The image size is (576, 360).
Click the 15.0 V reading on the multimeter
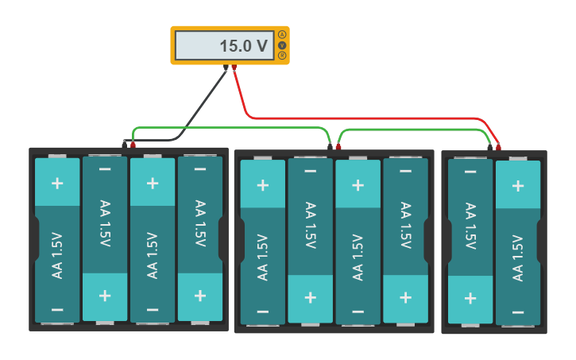(x=244, y=46)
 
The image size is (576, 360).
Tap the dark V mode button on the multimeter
(x=282, y=45)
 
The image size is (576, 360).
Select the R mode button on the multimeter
(x=282, y=56)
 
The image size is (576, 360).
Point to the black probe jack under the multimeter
(x=226, y=68)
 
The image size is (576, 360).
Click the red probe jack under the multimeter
(x=234, y=68)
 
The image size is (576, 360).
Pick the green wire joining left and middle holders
(x=231, y=127)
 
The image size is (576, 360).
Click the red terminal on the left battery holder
(x=133, y=145)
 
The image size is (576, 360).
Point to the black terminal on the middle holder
(x=330, y=146)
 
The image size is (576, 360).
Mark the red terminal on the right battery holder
(x=498, y=147)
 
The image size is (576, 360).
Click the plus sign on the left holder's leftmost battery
(x=57, y=184)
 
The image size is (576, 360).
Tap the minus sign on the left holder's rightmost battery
(x=200, y=169)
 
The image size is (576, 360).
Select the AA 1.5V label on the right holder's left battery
(x=470, y=226)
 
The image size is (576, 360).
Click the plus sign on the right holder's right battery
(x=518, y=186)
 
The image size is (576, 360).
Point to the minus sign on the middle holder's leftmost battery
(x=263, y=312)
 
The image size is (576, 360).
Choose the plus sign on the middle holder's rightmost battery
(x=405, y=297)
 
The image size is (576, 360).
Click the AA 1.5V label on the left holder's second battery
(x=105, y=223)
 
